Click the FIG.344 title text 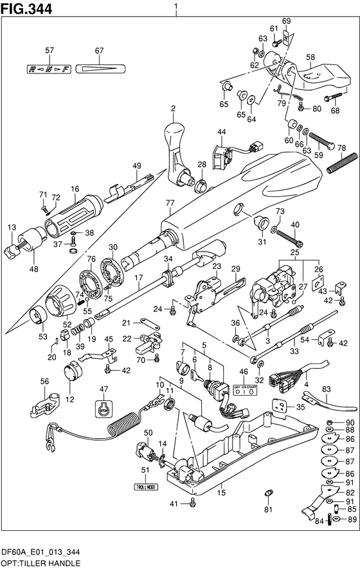coord(26,8)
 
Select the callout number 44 coord(221,133)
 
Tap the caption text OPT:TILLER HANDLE coord(40,563)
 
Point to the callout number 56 coord(44,382)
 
